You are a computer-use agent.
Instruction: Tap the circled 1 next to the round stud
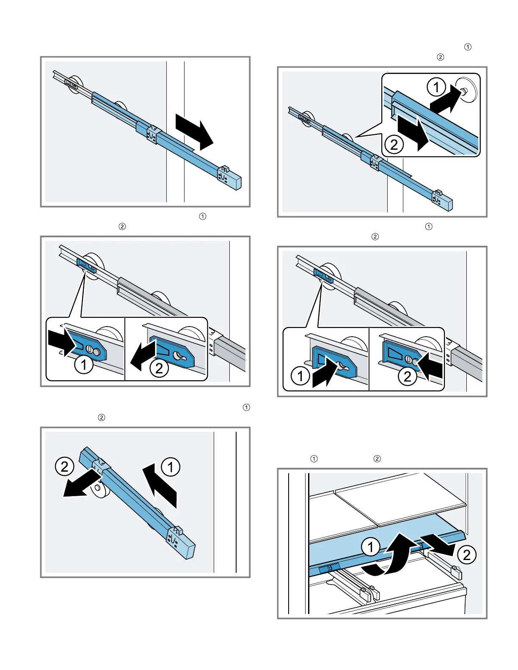point(436,88)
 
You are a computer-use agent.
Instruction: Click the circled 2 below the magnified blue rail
point(394,145)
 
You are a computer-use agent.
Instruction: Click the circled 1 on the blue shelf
point(370,547)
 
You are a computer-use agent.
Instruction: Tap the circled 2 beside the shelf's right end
point(467,555)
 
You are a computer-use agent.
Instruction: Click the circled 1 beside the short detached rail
point(171,467)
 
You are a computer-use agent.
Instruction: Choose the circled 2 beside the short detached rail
point(64,467)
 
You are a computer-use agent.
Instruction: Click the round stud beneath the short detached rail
point(98,488)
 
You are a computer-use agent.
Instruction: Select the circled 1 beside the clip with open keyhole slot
point(300,376)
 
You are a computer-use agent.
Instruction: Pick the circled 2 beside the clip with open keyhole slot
point(159,368)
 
